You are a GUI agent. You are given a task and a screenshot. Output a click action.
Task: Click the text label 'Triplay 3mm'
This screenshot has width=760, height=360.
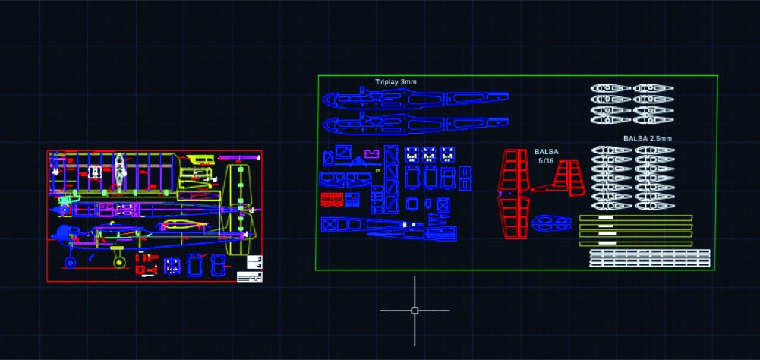click(396, 81)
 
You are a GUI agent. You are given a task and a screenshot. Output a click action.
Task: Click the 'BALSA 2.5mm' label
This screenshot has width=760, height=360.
click(647, 138)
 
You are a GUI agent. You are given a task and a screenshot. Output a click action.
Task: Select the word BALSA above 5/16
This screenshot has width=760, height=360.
click(546, 152)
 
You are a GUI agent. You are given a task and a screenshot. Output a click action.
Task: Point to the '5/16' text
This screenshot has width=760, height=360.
click(546, 161)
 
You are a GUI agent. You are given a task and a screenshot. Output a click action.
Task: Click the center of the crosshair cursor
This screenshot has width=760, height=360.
click(415, 311)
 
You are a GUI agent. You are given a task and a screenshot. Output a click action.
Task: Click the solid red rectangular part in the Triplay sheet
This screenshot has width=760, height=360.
click(331, 200)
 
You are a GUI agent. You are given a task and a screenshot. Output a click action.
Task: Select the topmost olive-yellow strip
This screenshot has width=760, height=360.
click(635, 218)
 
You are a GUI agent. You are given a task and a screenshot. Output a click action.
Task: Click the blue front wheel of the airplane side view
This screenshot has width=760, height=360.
click(70, 263)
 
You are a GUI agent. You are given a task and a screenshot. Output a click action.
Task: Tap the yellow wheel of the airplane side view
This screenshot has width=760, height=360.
click(119, 262)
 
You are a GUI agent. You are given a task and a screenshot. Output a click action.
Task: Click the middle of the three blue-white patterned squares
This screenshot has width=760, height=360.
click(430, 153)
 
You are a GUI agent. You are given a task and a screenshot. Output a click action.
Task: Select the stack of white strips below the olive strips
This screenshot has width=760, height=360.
click(650, 258)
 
